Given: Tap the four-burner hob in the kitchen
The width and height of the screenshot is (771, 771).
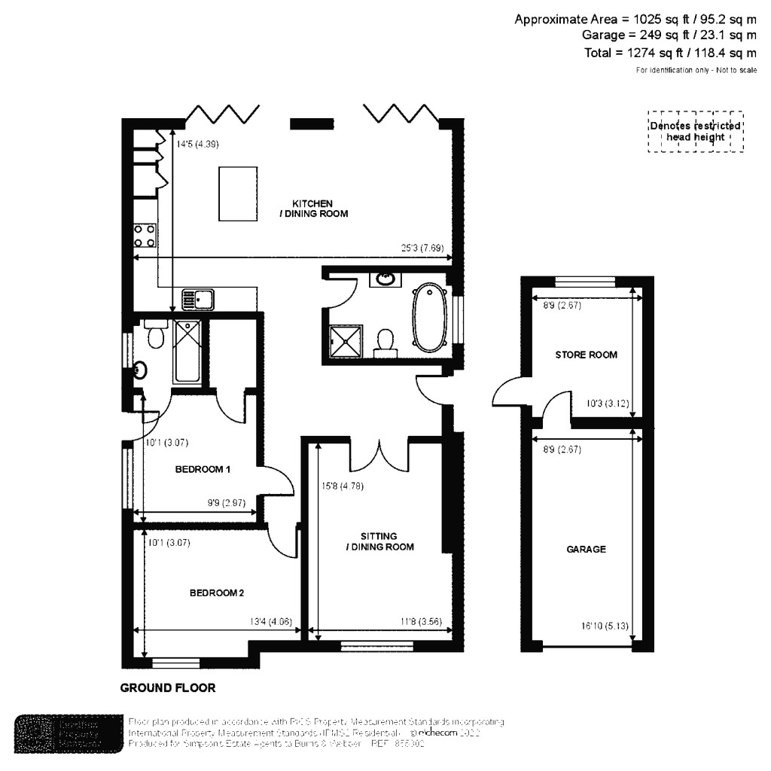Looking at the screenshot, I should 145,236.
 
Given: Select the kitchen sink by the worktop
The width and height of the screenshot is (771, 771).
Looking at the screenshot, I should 198,299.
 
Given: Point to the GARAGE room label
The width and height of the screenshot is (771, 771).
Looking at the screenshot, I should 586,550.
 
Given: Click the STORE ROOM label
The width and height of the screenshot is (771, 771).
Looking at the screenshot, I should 586,355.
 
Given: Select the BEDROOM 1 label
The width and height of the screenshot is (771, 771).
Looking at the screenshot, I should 203,470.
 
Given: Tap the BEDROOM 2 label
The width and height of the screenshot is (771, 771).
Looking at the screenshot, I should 217,593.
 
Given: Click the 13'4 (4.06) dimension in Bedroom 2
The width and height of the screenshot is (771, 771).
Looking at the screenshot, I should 276,622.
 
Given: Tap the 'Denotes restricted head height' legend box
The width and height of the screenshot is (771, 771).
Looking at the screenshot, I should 695,132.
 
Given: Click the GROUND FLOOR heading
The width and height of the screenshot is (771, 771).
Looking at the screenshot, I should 168,687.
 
